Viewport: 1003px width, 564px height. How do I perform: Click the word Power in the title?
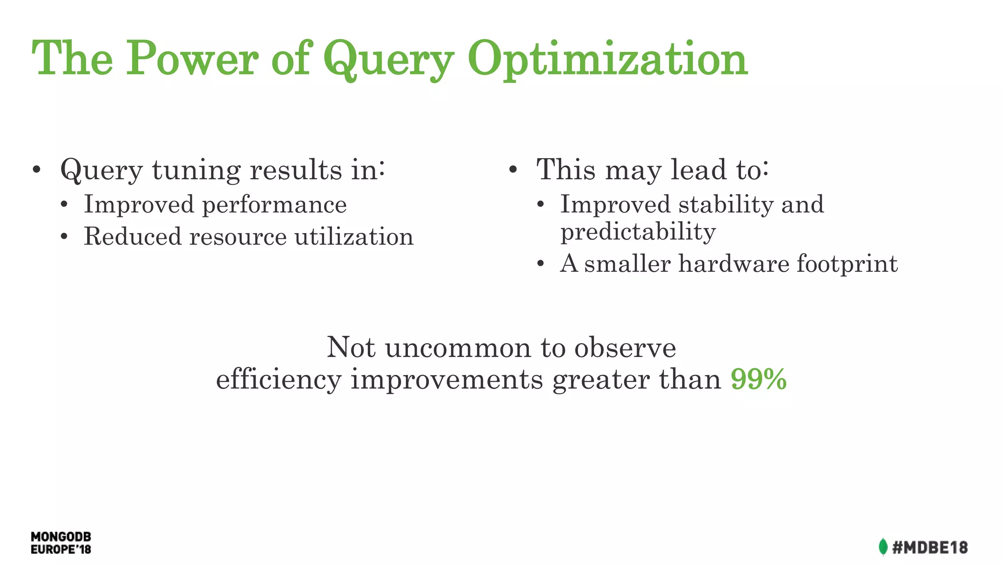point(192,59)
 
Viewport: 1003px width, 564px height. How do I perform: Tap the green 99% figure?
point(758,379)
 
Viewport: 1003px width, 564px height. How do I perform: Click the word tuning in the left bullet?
point(196,170)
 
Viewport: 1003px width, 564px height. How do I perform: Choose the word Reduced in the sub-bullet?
point(133,236)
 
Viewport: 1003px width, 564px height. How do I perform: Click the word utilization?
point(354,236)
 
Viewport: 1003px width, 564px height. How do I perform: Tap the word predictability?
point(638,232)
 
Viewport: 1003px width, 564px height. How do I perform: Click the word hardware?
point(734,264)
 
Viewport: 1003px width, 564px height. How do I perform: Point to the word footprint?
point(847,264)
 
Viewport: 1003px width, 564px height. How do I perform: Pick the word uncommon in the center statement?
point(458,348)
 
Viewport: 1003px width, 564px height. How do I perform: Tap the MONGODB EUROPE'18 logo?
point(61,543)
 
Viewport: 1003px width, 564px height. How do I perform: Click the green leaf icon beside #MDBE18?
point(883,547)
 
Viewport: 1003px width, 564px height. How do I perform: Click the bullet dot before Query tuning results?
point(36,170)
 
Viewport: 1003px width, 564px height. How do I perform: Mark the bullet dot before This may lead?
point(513,170)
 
